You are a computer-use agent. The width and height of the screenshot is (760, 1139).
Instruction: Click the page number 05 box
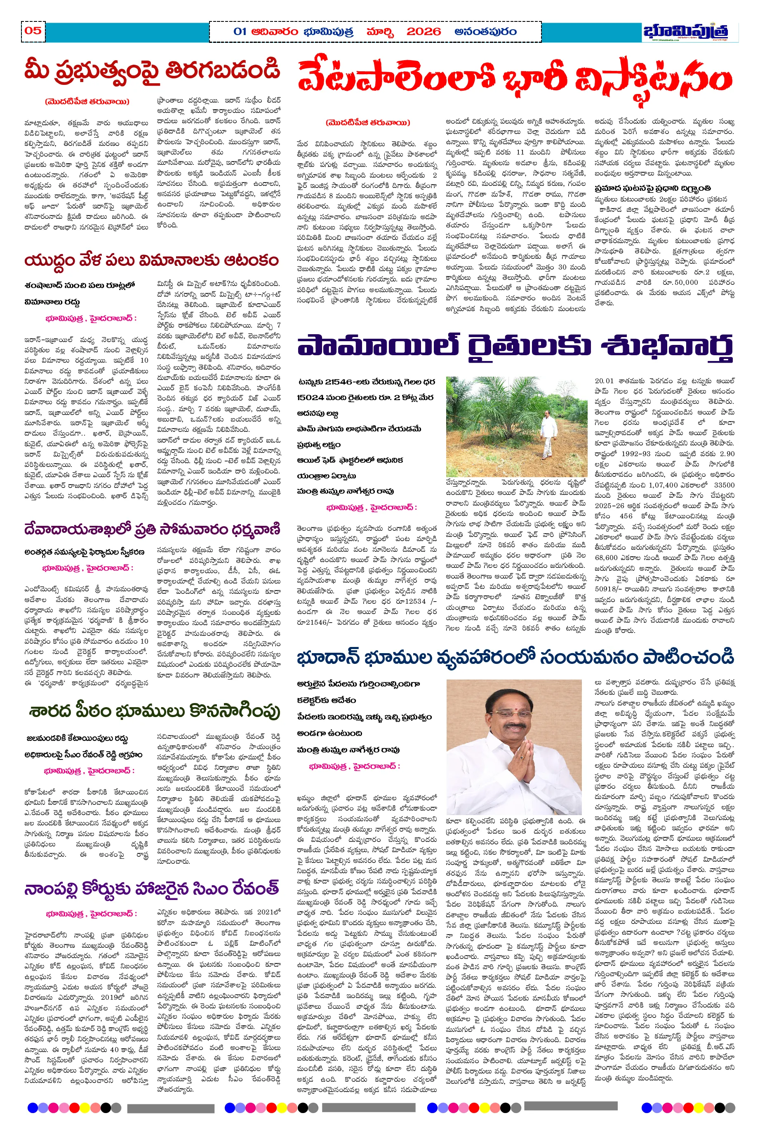click(33, 31)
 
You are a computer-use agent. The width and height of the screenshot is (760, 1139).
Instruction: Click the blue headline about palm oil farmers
click(514, 347)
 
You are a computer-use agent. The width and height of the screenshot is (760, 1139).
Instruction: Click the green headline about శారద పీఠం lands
click(154, 711)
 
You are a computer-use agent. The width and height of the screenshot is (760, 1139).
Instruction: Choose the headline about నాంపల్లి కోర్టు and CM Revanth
click(152, 888)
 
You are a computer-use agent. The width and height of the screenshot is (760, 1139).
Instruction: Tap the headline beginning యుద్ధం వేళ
click(152, 260)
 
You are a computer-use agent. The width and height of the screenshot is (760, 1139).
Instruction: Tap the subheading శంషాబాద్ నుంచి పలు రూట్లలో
click(80, 285)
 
